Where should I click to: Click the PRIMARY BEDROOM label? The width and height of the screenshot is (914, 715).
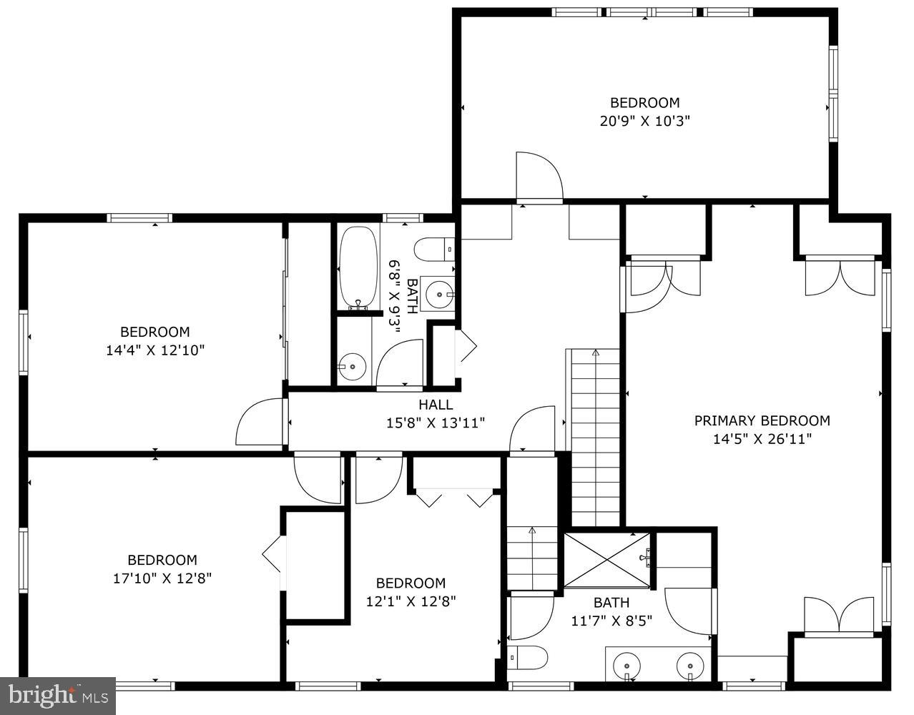click(762, 420)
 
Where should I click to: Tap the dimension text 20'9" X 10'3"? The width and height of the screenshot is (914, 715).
click(644, 121)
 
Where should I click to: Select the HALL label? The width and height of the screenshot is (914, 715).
click(436, 405)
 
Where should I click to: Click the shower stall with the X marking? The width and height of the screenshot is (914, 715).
click(607, 558)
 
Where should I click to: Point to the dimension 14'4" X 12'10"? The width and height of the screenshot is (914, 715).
click(154, 350)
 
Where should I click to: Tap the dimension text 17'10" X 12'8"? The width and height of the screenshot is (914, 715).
click(162, 578)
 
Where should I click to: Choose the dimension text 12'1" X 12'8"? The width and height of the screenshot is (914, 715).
click(411, 601)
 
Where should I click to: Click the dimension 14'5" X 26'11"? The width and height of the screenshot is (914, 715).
click(762, 439)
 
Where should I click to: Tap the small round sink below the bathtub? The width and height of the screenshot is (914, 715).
click(352, 367)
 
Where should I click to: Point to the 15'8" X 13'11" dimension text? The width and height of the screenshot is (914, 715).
click(436, 423)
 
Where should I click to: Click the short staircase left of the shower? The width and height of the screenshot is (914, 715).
click(532, 558)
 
